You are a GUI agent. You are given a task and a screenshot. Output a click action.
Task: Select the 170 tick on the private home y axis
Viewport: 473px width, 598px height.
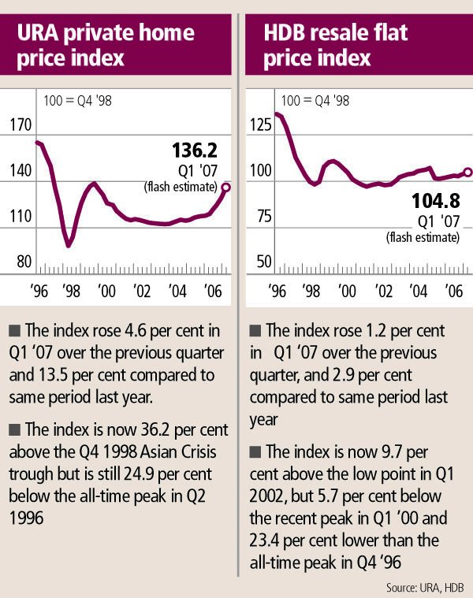[19, 124]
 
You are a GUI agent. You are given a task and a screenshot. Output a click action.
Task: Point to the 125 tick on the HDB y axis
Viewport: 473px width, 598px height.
[261, 124]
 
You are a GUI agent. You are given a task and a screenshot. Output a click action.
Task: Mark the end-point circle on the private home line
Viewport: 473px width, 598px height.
[225, 187]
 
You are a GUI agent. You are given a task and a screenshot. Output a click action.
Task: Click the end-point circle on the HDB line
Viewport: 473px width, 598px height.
[467, 173]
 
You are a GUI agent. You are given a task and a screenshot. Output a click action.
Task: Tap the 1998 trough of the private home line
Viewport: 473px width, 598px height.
[69, 245]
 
